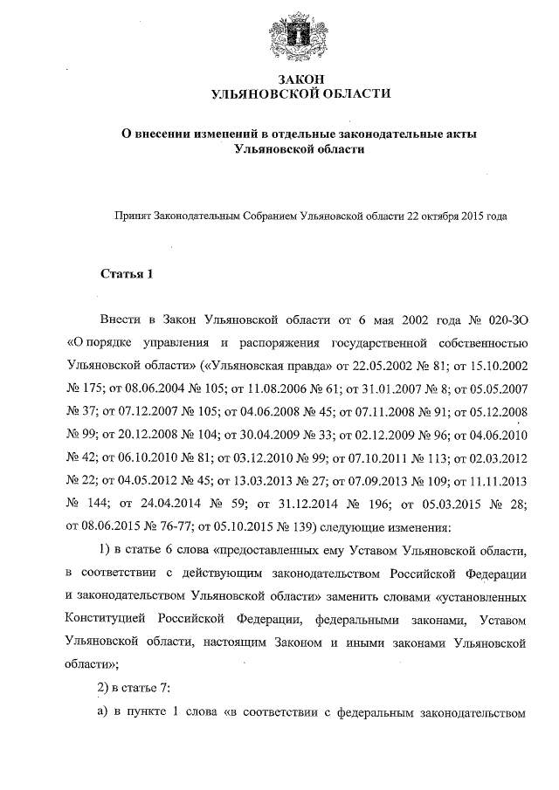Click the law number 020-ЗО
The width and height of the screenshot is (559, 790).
[x=507, y=322]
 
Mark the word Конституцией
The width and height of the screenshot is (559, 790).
[x=104, y=620]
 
